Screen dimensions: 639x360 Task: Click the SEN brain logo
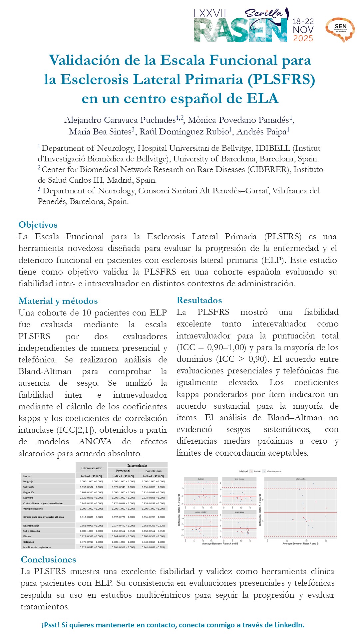340,29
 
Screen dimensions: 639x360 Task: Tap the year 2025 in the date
303,39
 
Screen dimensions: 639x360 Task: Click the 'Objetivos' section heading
38,225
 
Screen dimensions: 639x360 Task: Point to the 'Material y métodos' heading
58,301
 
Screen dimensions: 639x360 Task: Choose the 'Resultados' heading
199,301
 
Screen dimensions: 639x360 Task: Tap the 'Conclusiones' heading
48,559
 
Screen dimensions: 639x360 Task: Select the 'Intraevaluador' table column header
91,468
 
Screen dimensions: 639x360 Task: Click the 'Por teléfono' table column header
153,471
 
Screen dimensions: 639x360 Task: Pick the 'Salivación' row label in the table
29,487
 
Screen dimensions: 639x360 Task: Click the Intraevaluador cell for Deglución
91,492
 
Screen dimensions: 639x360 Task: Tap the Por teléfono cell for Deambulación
153,526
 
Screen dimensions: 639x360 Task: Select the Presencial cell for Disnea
123,536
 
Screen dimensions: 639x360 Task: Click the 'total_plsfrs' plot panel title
300,479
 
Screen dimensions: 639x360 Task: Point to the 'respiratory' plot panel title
239,512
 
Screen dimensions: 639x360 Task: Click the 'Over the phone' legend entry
274,471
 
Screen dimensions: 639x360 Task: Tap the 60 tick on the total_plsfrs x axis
326,541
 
